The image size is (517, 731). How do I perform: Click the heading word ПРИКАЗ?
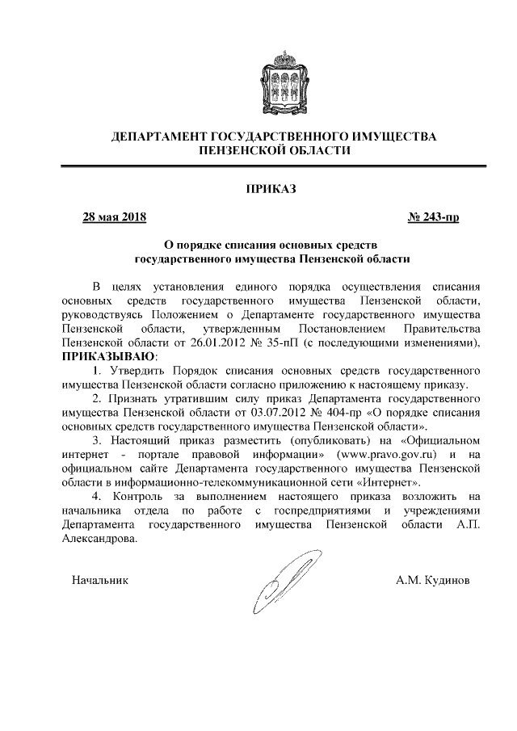271,189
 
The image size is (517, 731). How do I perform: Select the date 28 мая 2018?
114,216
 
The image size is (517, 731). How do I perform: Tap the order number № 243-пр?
435,216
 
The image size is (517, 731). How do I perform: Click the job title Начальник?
99,579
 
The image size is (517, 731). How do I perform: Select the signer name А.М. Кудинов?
434,579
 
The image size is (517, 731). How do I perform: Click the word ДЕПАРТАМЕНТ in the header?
159,137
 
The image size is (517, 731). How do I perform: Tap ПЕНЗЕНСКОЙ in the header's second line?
240,150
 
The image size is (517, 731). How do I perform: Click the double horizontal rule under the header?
274,167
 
